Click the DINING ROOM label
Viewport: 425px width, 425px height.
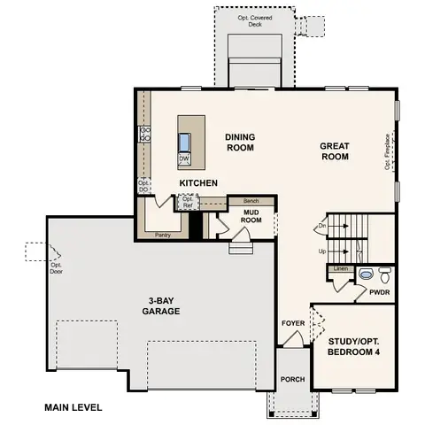[x=240, y=143]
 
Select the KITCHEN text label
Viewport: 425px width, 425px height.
[x=198, y=182]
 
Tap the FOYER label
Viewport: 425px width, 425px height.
[x=293, y=323]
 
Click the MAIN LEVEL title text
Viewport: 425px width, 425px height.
[x=73, y=408]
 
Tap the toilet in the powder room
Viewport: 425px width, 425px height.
[x=383, y=273]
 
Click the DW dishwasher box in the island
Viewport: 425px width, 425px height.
[x=184, y=159]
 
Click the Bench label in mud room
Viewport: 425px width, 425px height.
[x=251, y=201]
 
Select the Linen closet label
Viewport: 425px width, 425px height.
[x=340, y=268]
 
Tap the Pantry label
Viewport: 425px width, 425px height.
[x=162, y=236]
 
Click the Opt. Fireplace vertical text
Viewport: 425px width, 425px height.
[x=387, y=151]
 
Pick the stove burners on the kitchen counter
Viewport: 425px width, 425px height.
[x=143, y=135]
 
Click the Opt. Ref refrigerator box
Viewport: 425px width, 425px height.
[x=187, y=202]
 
